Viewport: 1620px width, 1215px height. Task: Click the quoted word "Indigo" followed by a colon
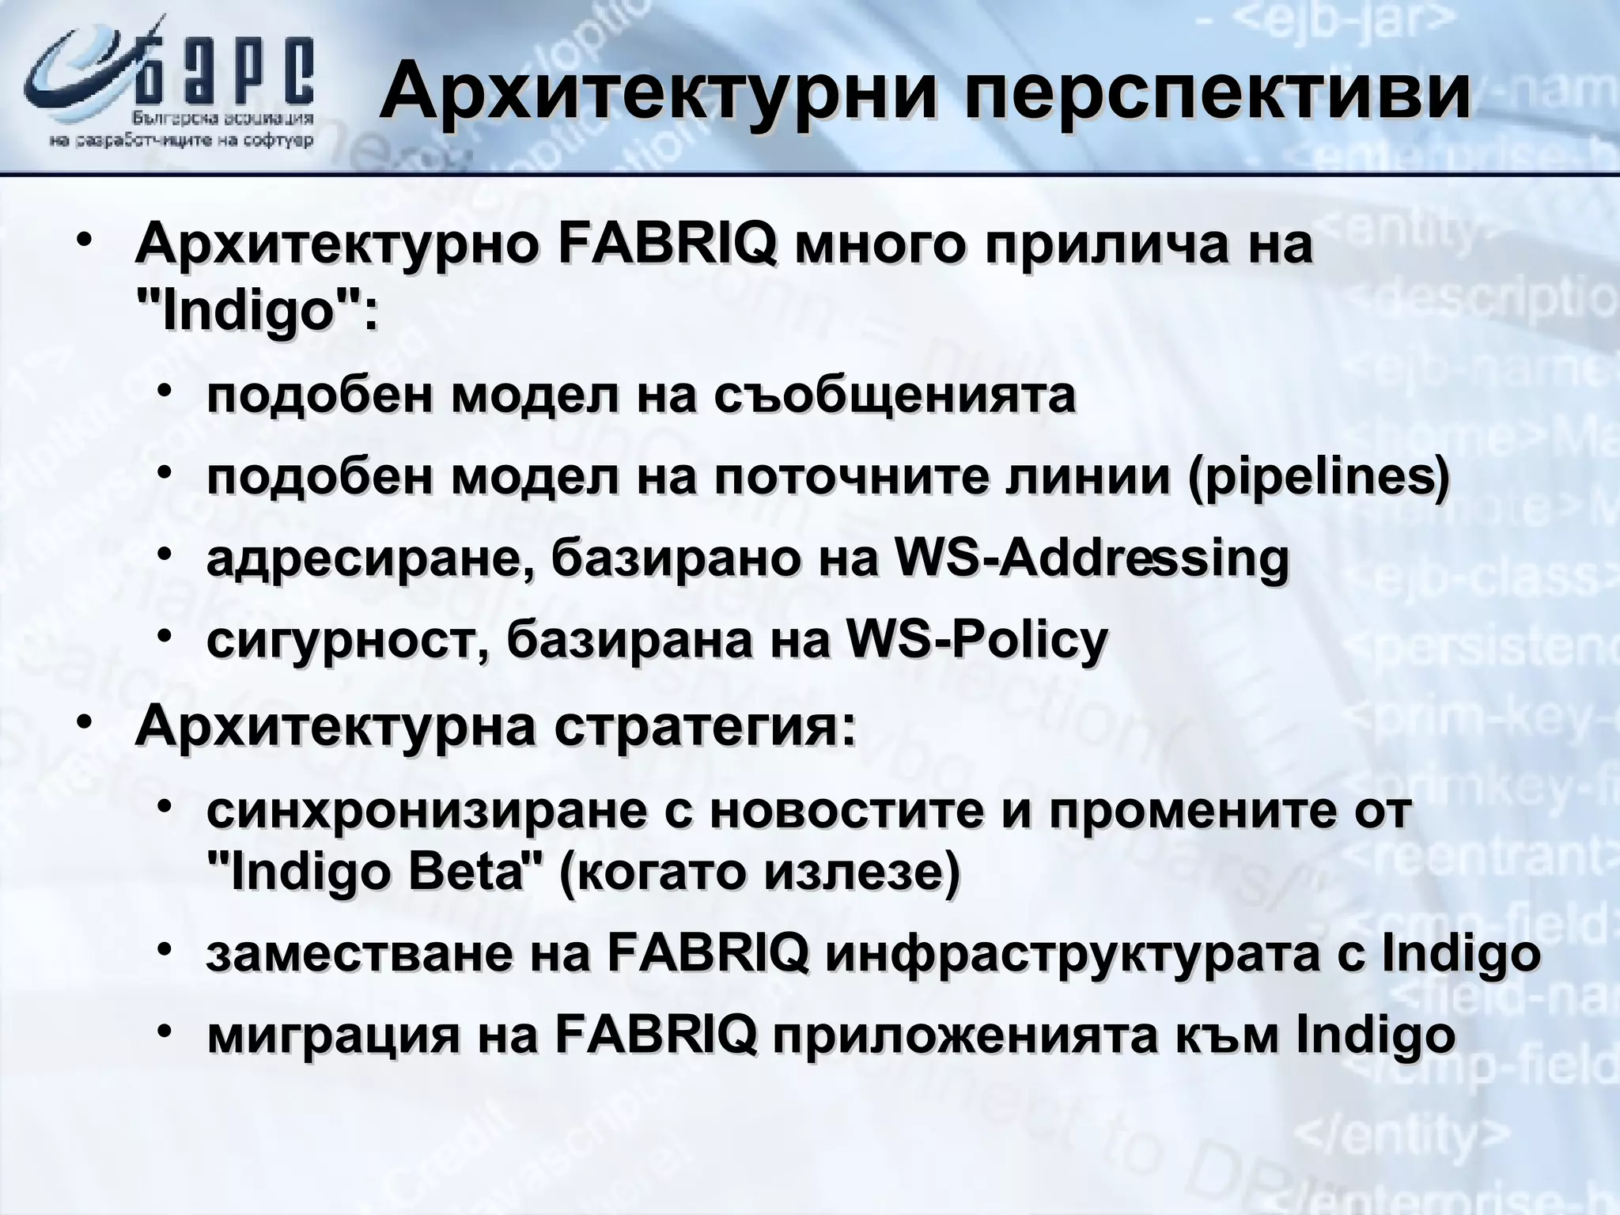(x=256, y=313)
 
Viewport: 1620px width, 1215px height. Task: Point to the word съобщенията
(x=894, y=396)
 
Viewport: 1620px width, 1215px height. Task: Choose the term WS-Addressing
(x=1091, y=558)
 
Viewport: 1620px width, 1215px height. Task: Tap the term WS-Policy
(x=976, y=639)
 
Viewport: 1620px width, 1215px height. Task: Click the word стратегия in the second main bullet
(x=704, y=727)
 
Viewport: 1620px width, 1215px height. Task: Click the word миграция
(x=332, y=1035)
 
